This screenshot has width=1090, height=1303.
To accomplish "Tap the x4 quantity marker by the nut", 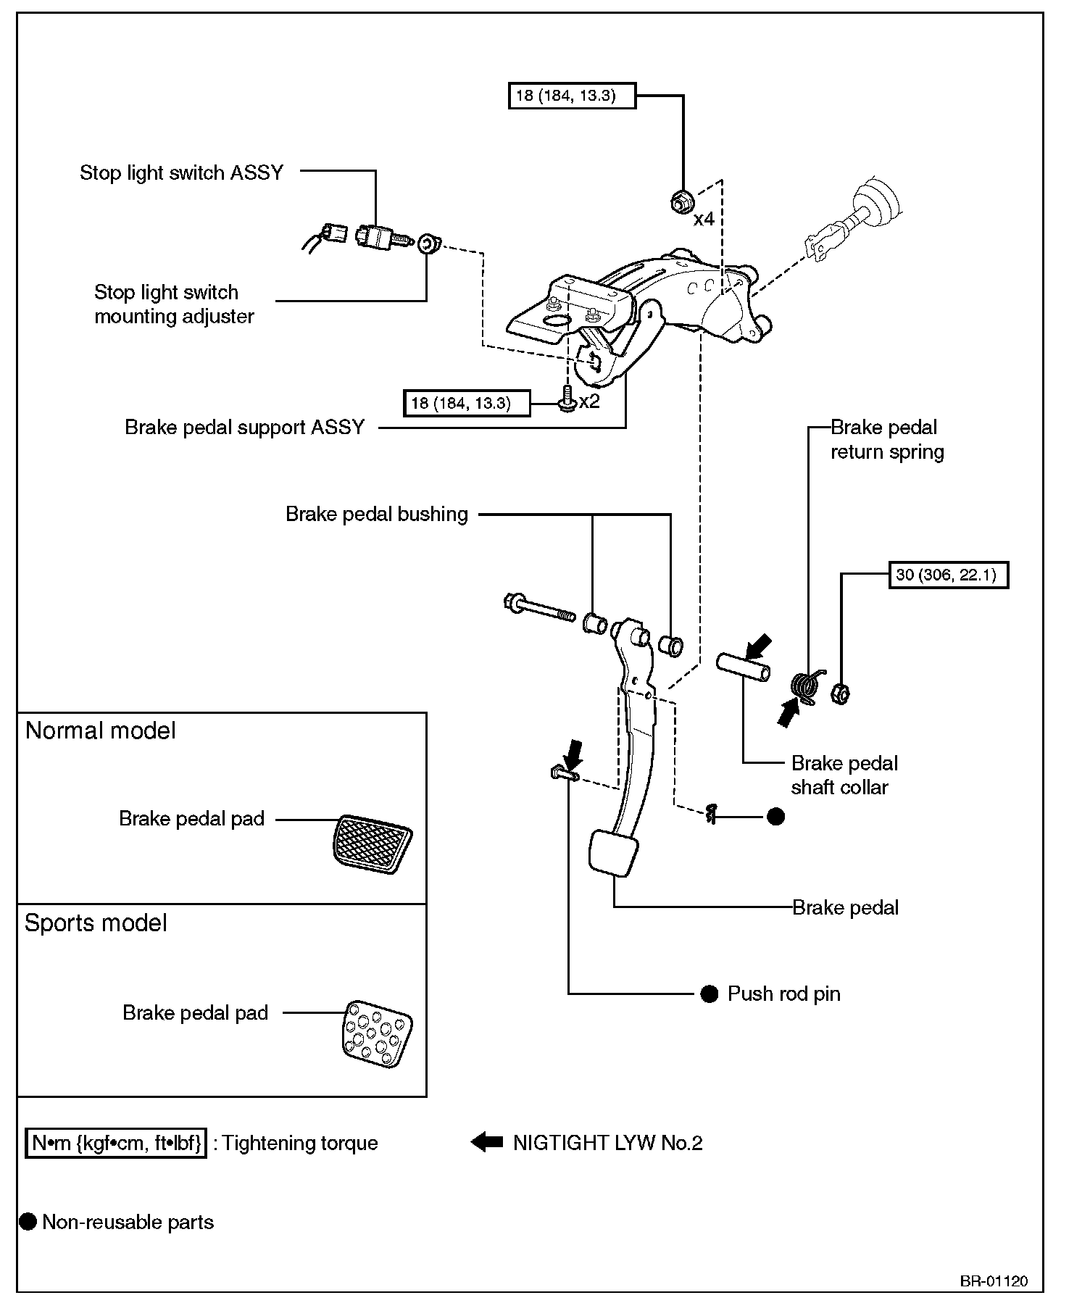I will pos(704,219).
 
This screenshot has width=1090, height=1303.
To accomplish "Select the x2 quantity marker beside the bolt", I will pos(589,401).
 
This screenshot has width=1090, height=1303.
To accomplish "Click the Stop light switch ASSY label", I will pos(181,173).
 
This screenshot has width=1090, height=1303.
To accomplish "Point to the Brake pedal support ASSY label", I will pos(244,428).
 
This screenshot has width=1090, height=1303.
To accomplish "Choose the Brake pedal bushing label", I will pos(377,515).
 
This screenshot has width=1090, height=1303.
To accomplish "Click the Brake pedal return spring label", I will pos(886,440).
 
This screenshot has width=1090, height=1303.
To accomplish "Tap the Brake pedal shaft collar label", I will pos(844,775).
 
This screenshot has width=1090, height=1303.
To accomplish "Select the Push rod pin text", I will pos(783,994).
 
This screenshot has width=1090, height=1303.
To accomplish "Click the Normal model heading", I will pos(101,730).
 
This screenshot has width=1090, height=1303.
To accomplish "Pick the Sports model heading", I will pos(96,923).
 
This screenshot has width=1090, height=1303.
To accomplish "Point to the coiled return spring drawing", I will pos(804,686).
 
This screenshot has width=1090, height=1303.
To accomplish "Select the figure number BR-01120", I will pos(994,1281).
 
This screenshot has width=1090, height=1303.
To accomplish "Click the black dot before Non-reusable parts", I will pos(28,1222).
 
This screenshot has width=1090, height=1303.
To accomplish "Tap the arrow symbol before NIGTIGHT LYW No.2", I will pos(486,1143).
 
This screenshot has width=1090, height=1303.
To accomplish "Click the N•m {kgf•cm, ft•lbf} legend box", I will pos(116,1144).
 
